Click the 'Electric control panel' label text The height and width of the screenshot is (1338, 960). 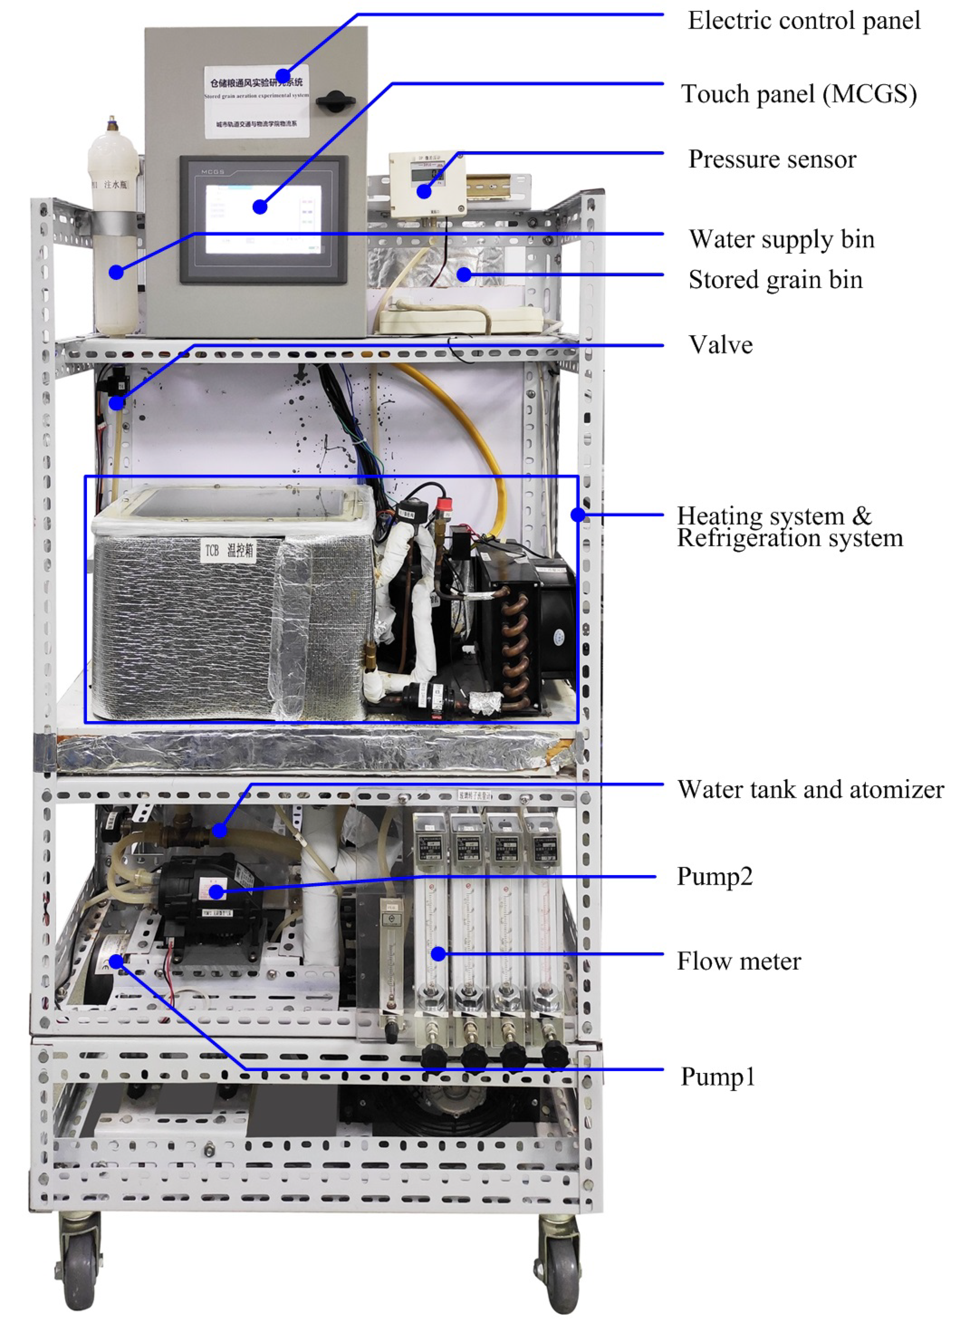pyautogui.click(x=803, y=21)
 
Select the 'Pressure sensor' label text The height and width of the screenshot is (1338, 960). pyautogui.click(x=772, y=159)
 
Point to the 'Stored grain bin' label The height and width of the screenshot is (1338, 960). pyautogui.click(x=775, y=280)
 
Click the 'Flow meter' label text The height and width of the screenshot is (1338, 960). pyautogui.click(x=738, y=961)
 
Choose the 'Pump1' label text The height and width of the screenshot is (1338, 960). pyautogui.click(x=718, y=1077)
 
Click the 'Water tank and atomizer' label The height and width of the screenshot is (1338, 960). pyautogui.click(x=810, y=789)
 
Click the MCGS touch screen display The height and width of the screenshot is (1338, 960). pyautogui.click(x=263, y=218)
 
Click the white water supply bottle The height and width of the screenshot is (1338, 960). pyautogui.click(x=115, y=236)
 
